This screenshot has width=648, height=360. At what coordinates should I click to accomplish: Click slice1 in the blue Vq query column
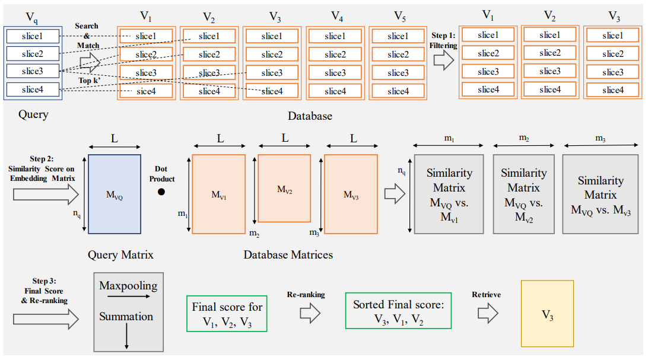33,36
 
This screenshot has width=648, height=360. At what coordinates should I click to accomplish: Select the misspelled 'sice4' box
145,91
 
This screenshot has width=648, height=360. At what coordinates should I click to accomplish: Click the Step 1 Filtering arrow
443,60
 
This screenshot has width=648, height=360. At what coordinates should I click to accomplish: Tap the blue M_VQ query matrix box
115,194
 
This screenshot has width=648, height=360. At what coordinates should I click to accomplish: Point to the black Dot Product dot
161,192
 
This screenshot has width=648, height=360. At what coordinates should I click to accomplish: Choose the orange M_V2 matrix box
284,189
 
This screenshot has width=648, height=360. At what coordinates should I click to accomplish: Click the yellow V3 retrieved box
547,314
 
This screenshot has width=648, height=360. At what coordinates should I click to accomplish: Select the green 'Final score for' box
227,314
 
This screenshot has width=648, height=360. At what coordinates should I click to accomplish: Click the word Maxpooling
128,286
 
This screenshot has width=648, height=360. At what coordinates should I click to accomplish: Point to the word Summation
126,316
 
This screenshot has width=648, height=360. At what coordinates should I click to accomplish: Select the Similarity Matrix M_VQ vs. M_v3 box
601,195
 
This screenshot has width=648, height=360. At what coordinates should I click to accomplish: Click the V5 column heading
398,16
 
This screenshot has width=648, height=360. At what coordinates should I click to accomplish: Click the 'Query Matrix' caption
120,255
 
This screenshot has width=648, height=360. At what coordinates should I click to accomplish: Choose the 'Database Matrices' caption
288,255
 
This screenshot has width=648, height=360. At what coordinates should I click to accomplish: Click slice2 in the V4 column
335,55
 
